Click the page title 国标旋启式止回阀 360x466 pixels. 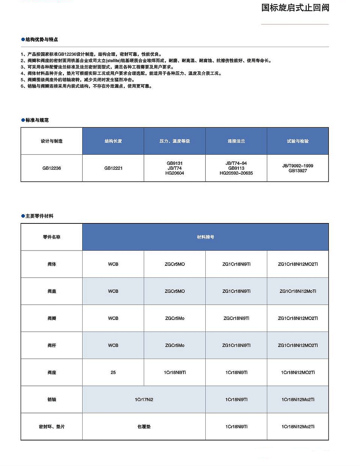tap(295, 8)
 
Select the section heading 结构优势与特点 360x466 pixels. tap(41, 39)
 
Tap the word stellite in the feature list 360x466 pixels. tap(113, 60)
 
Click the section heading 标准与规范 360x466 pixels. tap(37, 120)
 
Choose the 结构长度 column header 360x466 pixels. tap(113, 141)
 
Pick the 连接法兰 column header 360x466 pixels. tap(236, 141)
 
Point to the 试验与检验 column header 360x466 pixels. tap(298, 141)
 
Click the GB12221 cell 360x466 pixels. tap(113, 168)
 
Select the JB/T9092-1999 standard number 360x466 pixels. tap(298, 166)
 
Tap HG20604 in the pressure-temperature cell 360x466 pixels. tap(175, 173)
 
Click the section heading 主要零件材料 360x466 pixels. tap(39, 216)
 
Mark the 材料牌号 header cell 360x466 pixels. tap(205, 237)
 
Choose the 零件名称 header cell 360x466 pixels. tap(51, 237)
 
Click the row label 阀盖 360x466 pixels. tap(51, 291)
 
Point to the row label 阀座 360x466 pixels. tap(51, 372)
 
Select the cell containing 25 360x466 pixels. tap(113, 372)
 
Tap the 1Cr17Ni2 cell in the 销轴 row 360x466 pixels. tap(144, 400)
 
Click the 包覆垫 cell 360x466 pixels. tap(144, 427)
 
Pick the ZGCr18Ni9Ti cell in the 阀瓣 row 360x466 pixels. tap(236, 318)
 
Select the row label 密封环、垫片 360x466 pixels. tap(51, 427)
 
